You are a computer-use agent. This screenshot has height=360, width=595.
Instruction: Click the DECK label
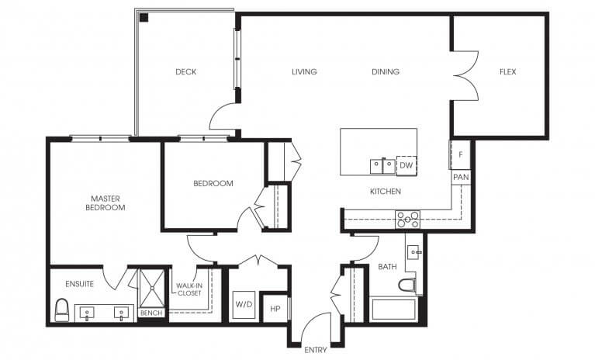coord(185,72)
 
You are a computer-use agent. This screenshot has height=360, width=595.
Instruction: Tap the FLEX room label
coord(507,72)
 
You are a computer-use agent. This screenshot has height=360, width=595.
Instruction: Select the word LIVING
coord(304,72)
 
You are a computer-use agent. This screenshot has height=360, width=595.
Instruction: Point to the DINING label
coord(386,72)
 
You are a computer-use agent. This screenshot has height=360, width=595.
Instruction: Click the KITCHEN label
coord(385,191)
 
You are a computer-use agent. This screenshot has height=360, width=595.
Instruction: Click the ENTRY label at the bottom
coord(315,350)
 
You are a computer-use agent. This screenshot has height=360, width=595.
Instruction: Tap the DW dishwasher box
coord(406,165)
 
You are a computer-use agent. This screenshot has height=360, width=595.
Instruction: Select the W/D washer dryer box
coord(244,303)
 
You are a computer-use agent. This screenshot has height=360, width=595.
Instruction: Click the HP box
coord(275,308)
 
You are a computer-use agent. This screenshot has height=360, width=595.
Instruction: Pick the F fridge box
coord(460,154)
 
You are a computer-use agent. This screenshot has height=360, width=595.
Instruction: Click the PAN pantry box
coord(460,178)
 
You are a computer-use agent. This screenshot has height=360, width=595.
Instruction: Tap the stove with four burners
coord(407,219)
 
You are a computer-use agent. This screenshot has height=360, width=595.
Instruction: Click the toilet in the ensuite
coord(62,311)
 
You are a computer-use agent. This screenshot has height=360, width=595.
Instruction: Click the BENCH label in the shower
coord(150,313)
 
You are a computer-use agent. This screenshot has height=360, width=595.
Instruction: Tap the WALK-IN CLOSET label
coord(189,289)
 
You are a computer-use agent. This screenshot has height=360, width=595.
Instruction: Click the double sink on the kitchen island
coord(381,165)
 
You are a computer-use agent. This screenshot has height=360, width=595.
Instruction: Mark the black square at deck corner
coord(144,17)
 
